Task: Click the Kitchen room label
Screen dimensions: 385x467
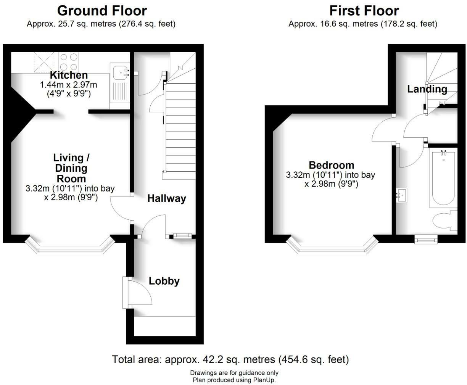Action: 69,75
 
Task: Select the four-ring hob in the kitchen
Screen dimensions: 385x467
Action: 68,61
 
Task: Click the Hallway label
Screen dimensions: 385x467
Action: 167,198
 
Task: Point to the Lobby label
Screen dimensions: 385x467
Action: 164,281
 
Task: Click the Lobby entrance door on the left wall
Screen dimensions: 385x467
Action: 125,293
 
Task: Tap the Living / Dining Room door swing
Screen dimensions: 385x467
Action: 120,208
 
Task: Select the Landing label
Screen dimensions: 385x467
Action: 427,89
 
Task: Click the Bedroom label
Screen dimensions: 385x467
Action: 331,165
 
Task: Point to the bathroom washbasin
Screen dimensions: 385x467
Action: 401,195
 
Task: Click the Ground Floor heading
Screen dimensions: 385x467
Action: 102,10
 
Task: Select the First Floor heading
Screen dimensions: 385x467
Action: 364,10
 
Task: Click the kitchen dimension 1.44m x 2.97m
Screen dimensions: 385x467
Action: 69,84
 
